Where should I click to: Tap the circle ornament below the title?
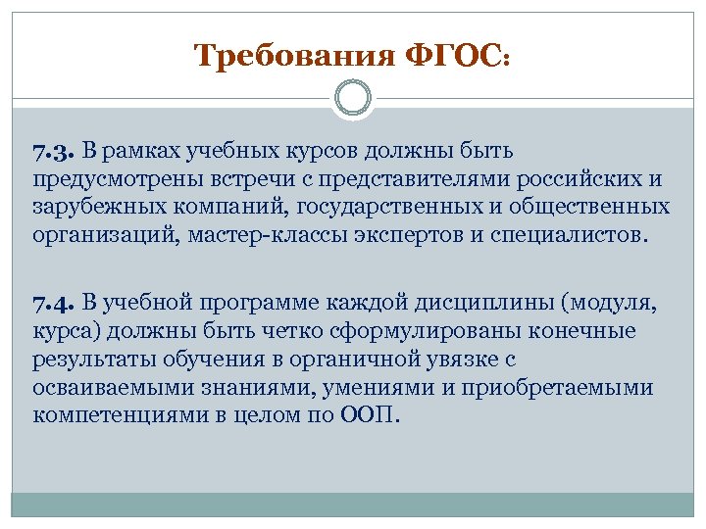[353, 98]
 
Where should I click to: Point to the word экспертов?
[406, 236]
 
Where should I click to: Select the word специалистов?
[569, 236]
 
